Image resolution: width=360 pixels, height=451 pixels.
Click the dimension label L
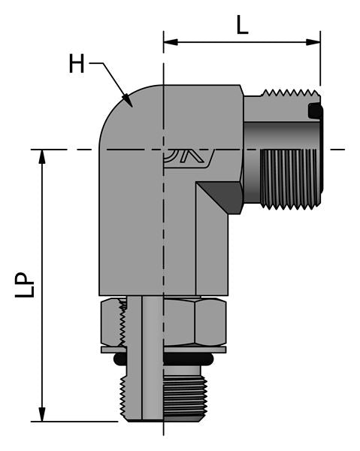tap(241, 26)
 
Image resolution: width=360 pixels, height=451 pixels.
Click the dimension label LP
tap(24, 285)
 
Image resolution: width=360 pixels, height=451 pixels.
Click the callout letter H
tap(77, 64)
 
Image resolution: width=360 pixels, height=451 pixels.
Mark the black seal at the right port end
tap(316, 113)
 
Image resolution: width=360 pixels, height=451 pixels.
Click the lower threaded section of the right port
tap(289, 179)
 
